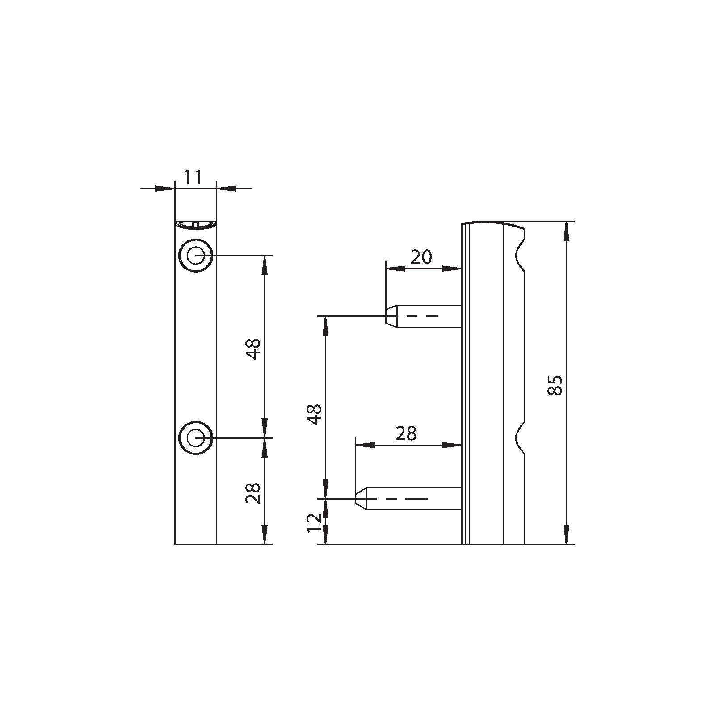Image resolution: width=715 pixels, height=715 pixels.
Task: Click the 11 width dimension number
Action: coord(193,177)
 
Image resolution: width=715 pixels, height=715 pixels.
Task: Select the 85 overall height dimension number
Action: coord(554,385)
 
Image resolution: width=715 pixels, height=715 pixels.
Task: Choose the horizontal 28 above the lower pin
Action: coord(406,433)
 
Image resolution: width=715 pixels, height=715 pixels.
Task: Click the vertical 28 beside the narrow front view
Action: coord(253,493)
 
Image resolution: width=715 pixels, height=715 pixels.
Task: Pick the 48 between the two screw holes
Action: coord(253,349)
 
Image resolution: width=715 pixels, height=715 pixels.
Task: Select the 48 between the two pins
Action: coord(315,414)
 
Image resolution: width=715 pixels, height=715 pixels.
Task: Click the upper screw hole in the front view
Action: coord(195,256)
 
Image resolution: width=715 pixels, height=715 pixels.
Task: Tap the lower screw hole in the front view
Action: coord(195,438)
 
